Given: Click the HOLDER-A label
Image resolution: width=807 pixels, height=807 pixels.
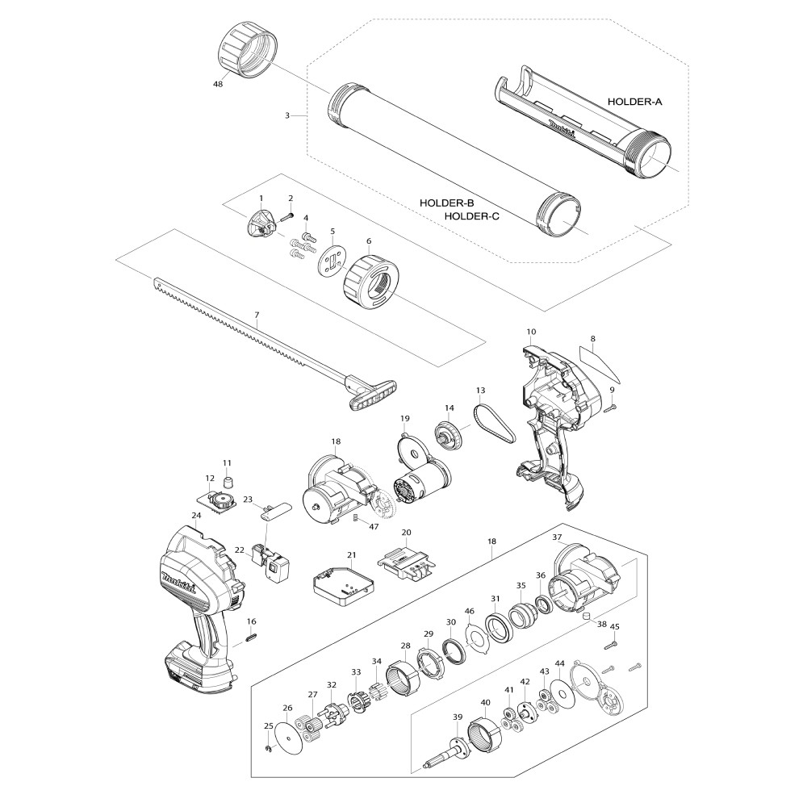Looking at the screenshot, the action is (x=634, y=102).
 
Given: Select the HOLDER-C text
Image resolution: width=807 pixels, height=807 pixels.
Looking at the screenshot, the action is (x=471, y=216).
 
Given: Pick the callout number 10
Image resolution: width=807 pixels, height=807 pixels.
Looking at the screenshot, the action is (x=532, y=332).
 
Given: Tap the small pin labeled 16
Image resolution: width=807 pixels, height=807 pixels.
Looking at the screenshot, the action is (x=251, y=637).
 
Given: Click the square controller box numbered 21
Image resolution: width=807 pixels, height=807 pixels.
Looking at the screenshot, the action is (x=343, y=584).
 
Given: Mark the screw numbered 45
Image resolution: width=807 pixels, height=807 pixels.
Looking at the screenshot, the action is (x=611, y=643).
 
